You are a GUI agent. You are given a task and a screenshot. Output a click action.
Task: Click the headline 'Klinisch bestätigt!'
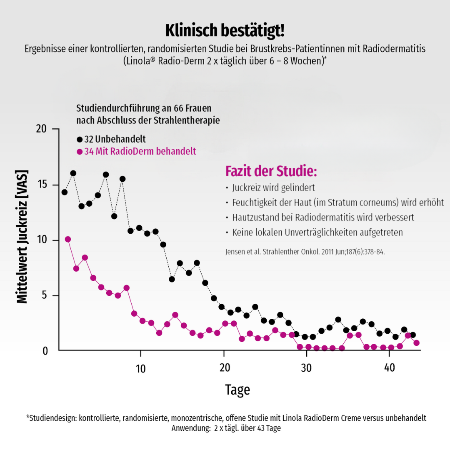(x=225, y=31)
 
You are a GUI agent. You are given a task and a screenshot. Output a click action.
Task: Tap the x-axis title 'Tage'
(x=237, y=390)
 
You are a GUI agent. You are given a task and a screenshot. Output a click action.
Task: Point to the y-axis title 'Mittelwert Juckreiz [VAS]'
(x=22, y=236)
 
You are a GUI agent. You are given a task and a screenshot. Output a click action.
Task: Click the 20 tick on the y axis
(x=41, y=129)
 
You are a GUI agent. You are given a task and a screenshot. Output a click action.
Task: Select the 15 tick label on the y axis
(x=41, y=185)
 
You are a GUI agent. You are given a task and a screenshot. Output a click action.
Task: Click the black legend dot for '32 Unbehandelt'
(x=80, y=139)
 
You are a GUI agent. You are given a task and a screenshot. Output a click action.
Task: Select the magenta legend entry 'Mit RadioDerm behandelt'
(x=140, y=151)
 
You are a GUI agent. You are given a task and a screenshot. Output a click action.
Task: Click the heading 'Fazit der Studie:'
(x=271, y=171)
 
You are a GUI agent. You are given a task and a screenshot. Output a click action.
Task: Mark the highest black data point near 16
(x=73, y=173)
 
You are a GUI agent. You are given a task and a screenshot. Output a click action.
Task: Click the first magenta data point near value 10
(x=68, y=239)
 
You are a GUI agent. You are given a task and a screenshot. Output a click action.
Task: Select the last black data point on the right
(x=412, y=335)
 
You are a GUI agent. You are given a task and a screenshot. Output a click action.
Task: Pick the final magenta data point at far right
(x=416, y=343)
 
